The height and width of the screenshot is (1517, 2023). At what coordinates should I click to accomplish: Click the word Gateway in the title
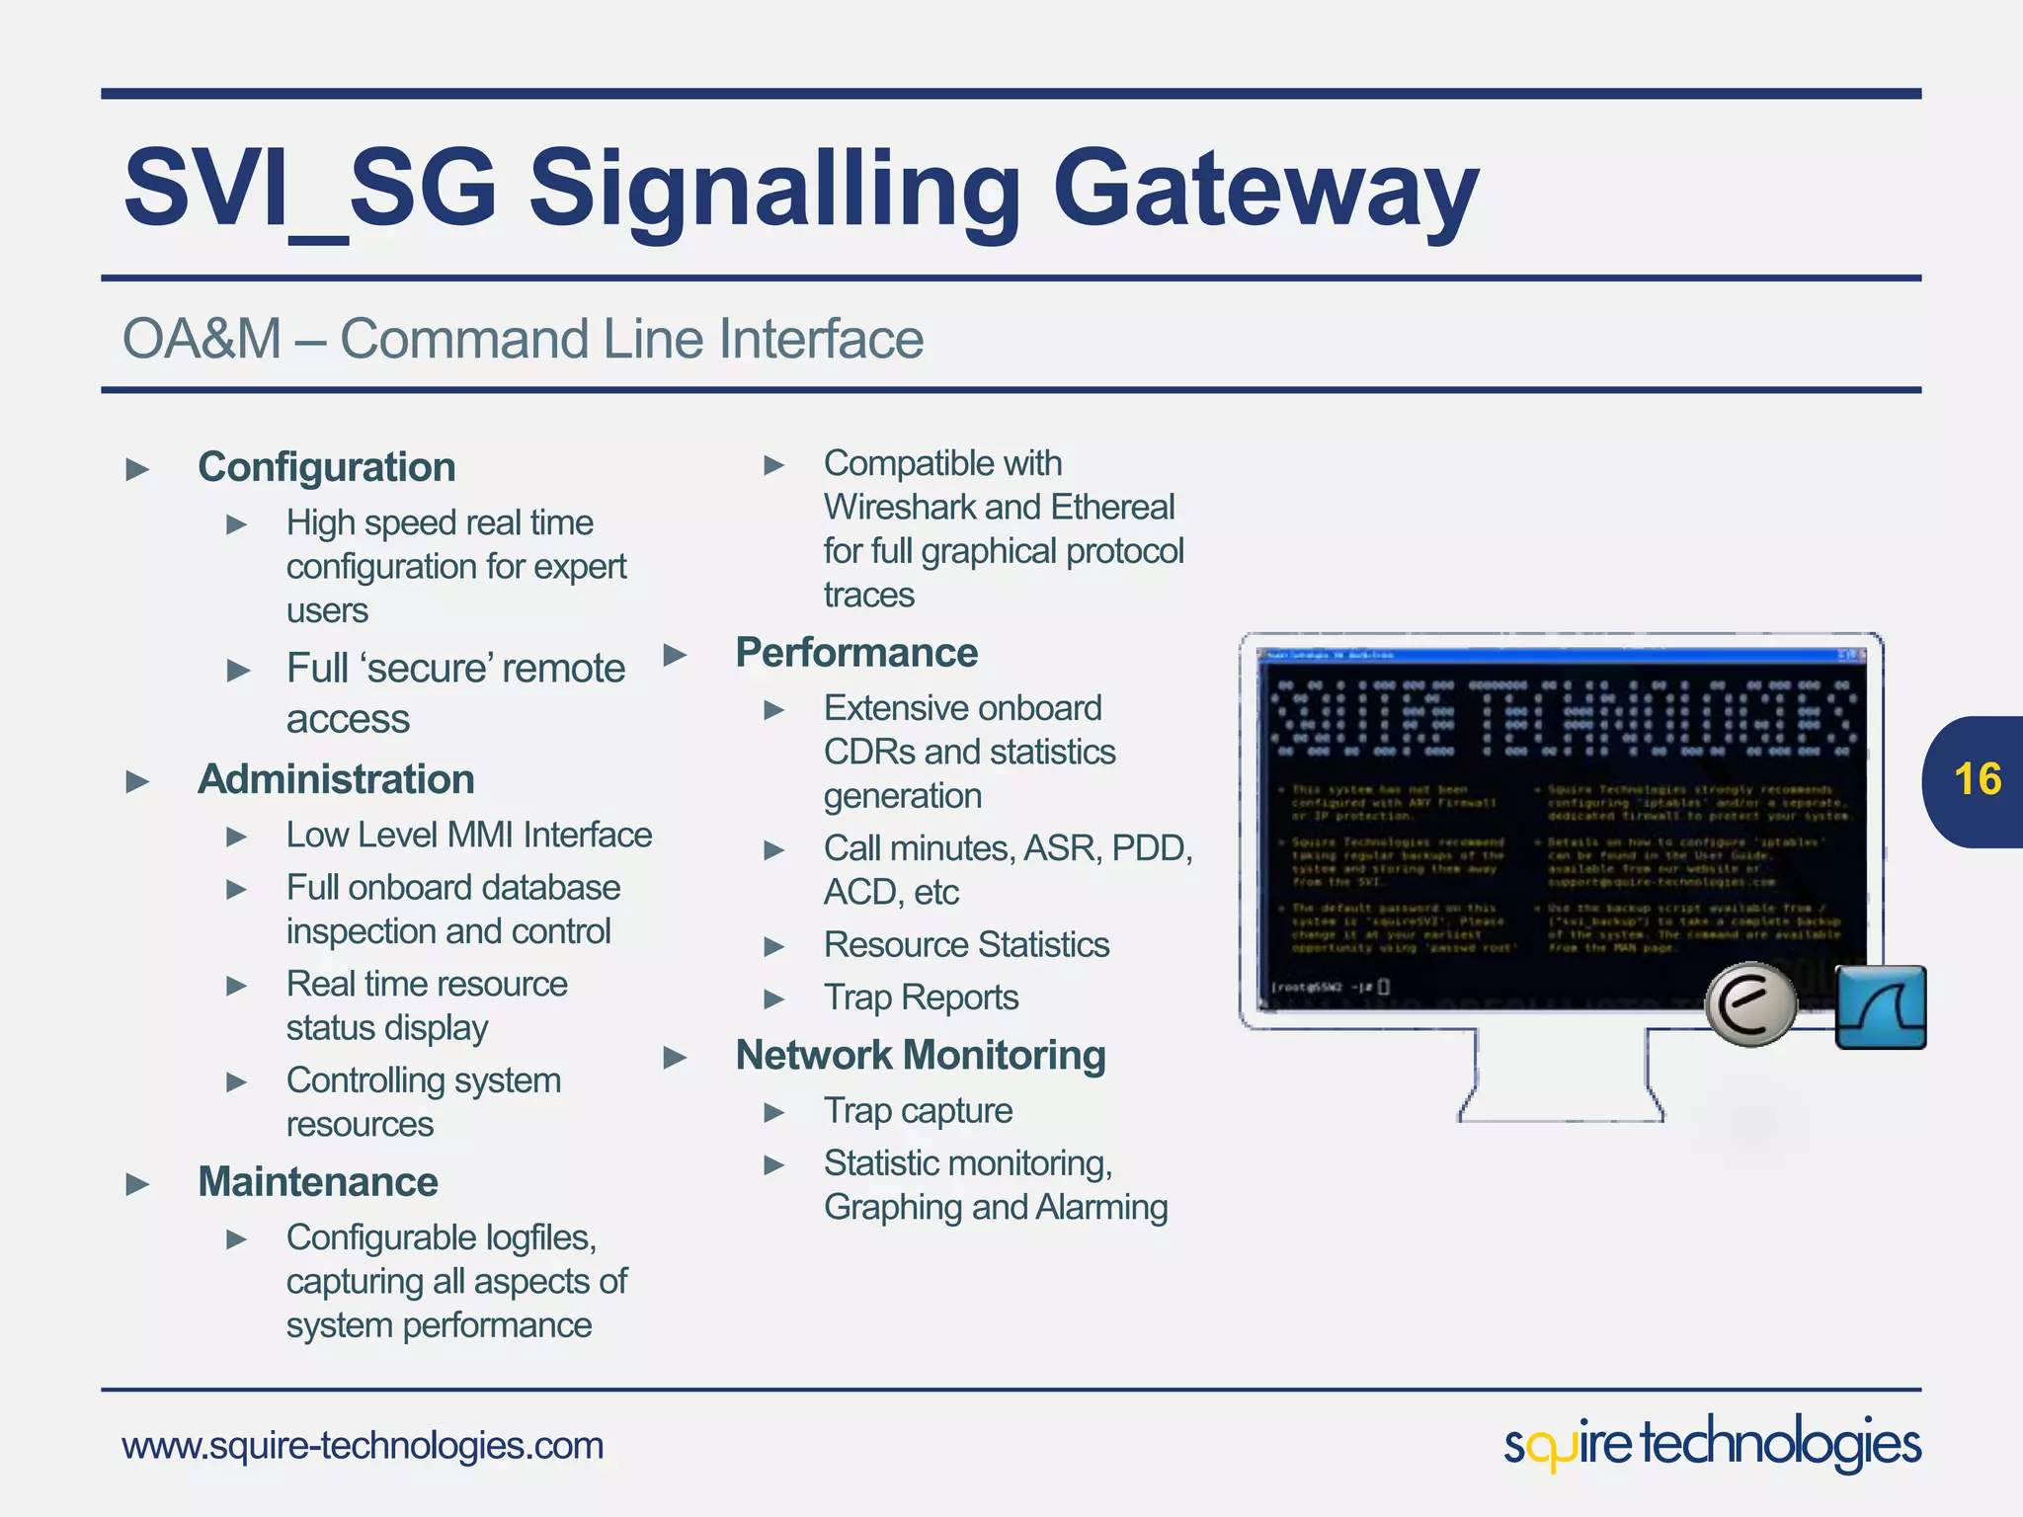[x=1265, y=190]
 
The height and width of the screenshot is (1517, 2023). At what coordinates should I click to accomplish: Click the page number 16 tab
[x=1976, y=780]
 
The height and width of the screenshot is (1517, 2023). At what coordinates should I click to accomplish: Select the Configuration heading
[x=326, y=467]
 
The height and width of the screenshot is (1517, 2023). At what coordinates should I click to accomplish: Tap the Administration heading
[x=336, y=779]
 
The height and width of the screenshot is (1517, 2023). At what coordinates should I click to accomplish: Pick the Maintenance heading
[x=317, y=1182]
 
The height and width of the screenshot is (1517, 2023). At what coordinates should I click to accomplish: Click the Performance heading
[x=856, y=653]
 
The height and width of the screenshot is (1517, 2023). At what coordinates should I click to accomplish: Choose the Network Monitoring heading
[x=920, y=1056]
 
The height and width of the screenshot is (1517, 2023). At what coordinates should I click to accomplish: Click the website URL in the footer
[x=362, y=1446]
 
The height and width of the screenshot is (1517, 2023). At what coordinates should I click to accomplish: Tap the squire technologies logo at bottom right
[x=1712, y=1444]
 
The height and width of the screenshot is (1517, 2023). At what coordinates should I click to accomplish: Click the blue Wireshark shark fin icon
[x=1880, y=1007]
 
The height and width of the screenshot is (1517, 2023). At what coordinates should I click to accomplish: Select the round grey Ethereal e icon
[x=1751, y=1004]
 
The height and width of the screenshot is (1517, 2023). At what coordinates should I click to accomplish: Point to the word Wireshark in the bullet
[x=902, y=508]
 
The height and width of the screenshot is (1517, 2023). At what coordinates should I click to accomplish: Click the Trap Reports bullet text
[x=921, y=998]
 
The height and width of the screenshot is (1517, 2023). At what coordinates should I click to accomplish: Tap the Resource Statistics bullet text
[x=966, y=945]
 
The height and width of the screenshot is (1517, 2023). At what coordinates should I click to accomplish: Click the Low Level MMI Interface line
[x=468, y=836]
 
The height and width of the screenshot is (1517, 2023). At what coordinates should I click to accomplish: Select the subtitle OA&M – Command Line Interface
[x=523, y=339]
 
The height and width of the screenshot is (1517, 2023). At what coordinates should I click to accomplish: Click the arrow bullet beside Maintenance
[x=138, y=1184]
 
